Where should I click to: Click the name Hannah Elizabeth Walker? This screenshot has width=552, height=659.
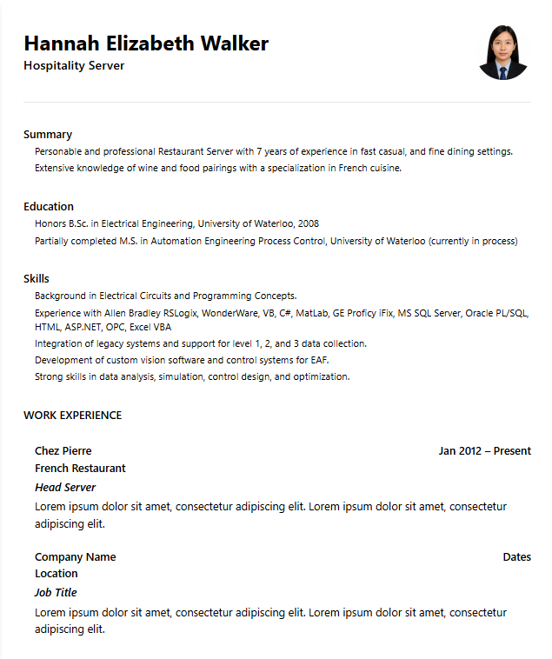(x=146, y=43)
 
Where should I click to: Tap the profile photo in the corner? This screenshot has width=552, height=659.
(x=503, y=52)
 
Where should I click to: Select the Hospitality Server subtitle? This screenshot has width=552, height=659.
(x=74, y=65)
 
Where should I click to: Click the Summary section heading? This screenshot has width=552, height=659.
(x=48, y=134)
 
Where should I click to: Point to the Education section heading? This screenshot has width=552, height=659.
(x=49, y=206)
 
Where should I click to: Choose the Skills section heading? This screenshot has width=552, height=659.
(x=37, y=278)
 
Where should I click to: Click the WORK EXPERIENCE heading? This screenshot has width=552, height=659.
(x=72, y=415)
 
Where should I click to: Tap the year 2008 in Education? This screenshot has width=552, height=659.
(x=308, y=223)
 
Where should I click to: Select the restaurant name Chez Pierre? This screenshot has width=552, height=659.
(x=63, y=450)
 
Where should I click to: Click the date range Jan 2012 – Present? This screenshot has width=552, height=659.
(x=484, y=450)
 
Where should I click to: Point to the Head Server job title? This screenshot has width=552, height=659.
(x=65, y=487)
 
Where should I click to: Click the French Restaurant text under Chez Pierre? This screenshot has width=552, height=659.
(x=80, y=468)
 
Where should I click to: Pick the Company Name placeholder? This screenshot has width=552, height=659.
(x=75, y=556)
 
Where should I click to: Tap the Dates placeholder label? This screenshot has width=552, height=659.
(x=516, y=556)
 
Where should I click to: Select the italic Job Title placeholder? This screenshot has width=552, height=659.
(x=56, y=592)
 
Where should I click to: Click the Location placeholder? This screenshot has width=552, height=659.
(x=57, y=573)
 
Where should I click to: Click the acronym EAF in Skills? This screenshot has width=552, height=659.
(x=318, y=359)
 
